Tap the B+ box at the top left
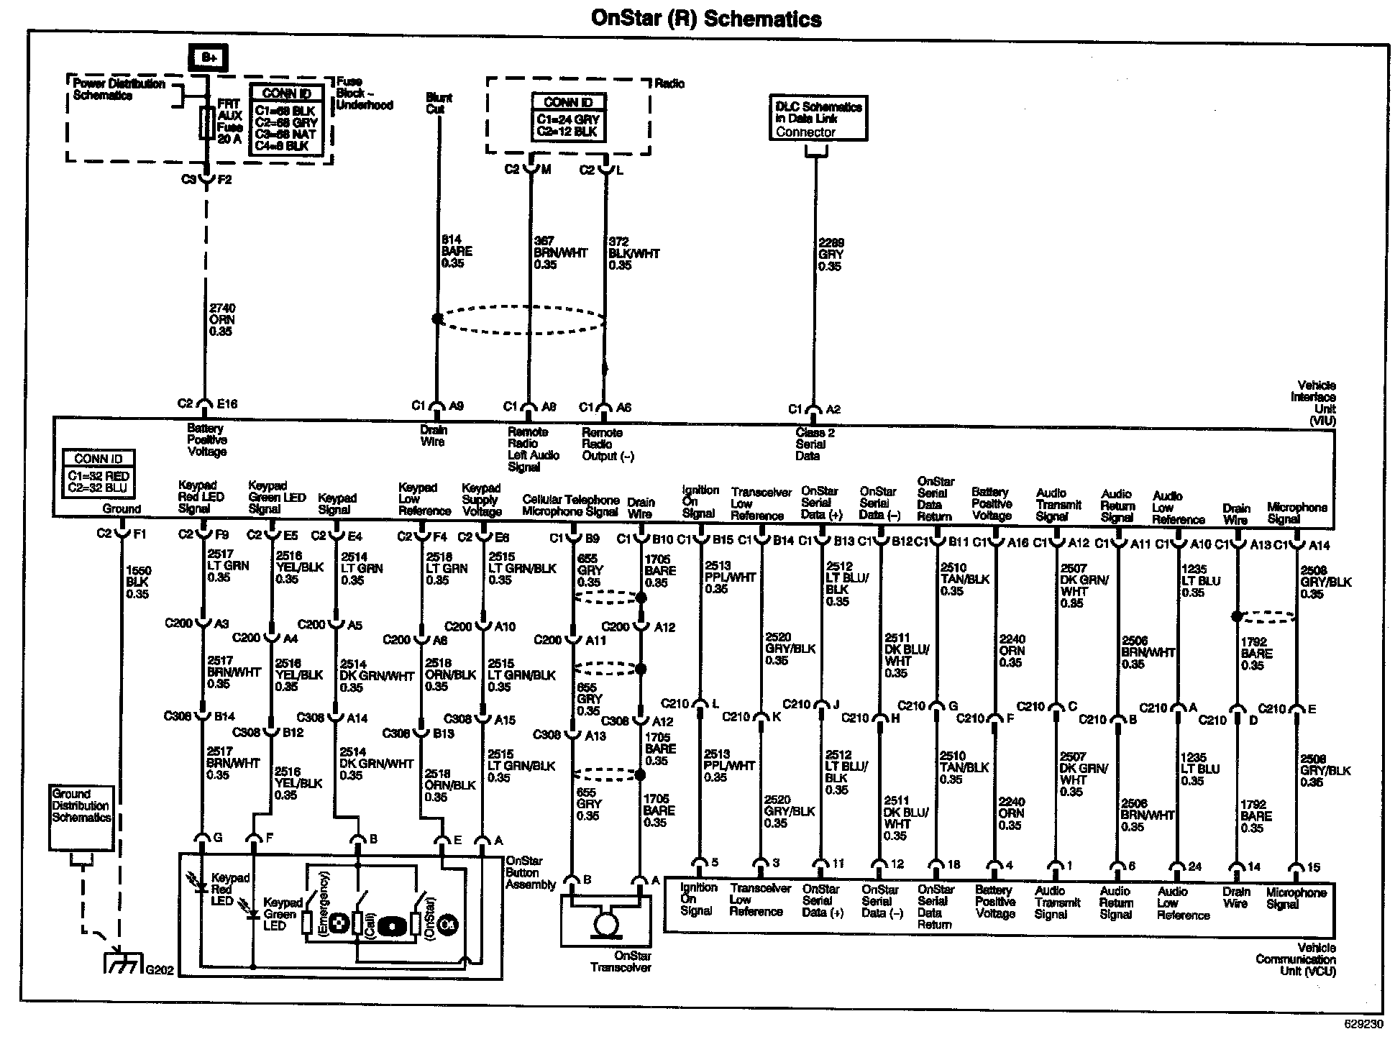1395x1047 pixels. click(208, 58)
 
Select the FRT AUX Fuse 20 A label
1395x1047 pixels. click(229, 122)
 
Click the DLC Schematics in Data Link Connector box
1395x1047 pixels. click(818, 119)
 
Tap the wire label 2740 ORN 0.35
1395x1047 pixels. click(221, 320)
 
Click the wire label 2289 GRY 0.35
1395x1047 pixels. click(831, 255)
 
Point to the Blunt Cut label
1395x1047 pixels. click(439, 103)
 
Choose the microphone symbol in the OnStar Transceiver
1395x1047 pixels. click(605, 922)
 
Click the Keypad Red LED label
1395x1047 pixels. click(230, 889)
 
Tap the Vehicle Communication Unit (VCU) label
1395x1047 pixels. click(1296, 959)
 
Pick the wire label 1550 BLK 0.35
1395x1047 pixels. click(137, 582)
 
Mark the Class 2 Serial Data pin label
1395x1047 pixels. click(815, 444)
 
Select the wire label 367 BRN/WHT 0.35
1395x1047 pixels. click(559, 252)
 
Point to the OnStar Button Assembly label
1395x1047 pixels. click(530, 872)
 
